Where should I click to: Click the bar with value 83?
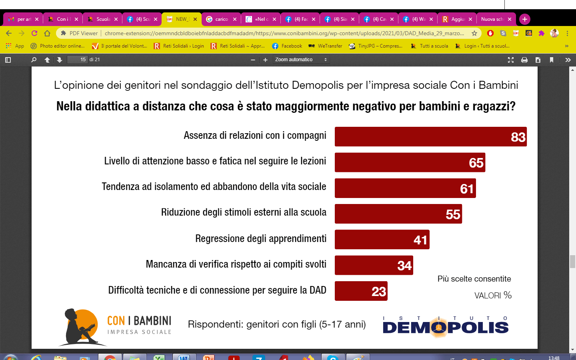[x=430, y=137]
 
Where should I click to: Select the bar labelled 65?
[x=410, y=162]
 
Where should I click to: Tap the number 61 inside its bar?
[x=467, y=188]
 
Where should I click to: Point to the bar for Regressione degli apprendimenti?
[x=382, y=240]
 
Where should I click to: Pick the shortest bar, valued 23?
[x=361, y=291]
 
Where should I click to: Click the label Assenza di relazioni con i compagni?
[x=255, y=136]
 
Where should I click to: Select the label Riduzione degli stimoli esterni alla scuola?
[x=244, y=212]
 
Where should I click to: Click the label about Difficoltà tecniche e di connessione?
[x=217, y=290]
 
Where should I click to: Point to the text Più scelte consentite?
[x=474, y=279]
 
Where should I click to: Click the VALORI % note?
[x=492, y=296]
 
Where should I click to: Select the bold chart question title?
[x=286, y=106]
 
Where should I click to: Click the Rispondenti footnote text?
[x=277, y=324]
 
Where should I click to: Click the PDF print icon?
[x=524, y=60]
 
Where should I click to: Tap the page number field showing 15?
[x=77, y=60]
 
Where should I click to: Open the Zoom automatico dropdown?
[x=301, y=60]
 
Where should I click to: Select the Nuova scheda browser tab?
[x=492, y=19]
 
